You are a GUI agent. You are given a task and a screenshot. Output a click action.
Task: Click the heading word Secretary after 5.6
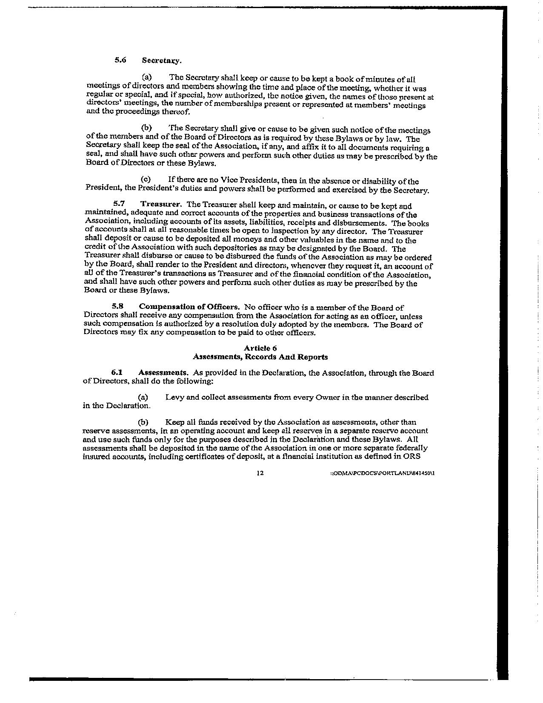[162, 60]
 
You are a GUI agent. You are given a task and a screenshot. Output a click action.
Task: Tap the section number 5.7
[119, 204]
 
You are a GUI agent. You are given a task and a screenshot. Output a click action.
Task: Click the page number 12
[260, 473]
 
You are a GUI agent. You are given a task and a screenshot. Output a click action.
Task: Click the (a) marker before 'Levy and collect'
[143, 397]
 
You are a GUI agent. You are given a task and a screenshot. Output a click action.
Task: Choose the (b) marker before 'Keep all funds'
[143, 422]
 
